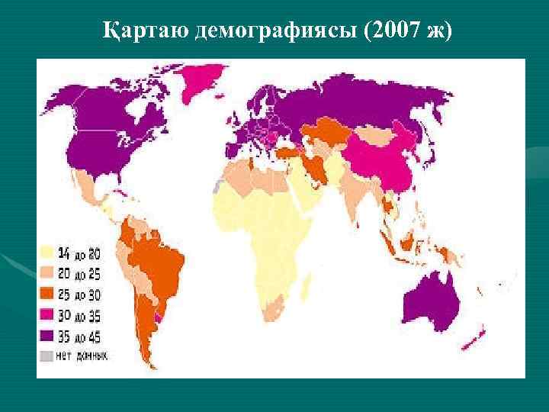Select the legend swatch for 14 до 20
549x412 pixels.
(46, 251)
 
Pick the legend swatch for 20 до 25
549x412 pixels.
(46, 272)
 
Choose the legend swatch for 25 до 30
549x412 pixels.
(46, 293)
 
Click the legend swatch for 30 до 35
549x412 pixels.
(46, 314)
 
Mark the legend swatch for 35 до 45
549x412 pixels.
(46, 335)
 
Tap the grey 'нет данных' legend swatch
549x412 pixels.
(46, 356)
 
